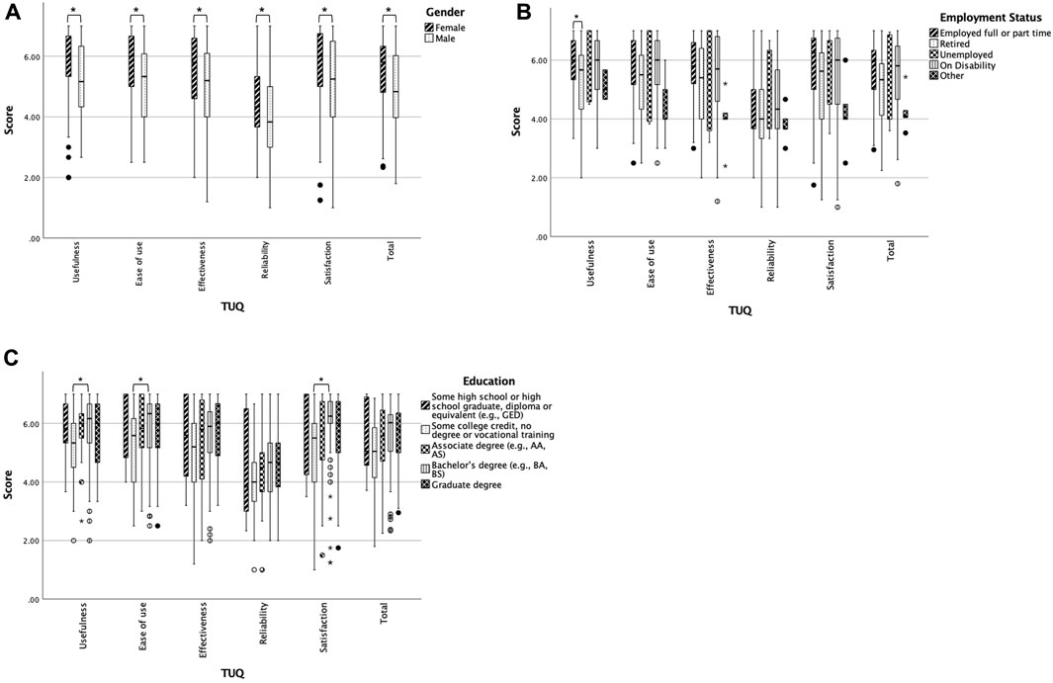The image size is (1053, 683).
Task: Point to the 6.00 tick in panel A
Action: pos(29,56)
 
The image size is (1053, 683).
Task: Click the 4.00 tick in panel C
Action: pos(28,482)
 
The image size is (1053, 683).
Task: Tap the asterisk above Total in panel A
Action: pos(389,12)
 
